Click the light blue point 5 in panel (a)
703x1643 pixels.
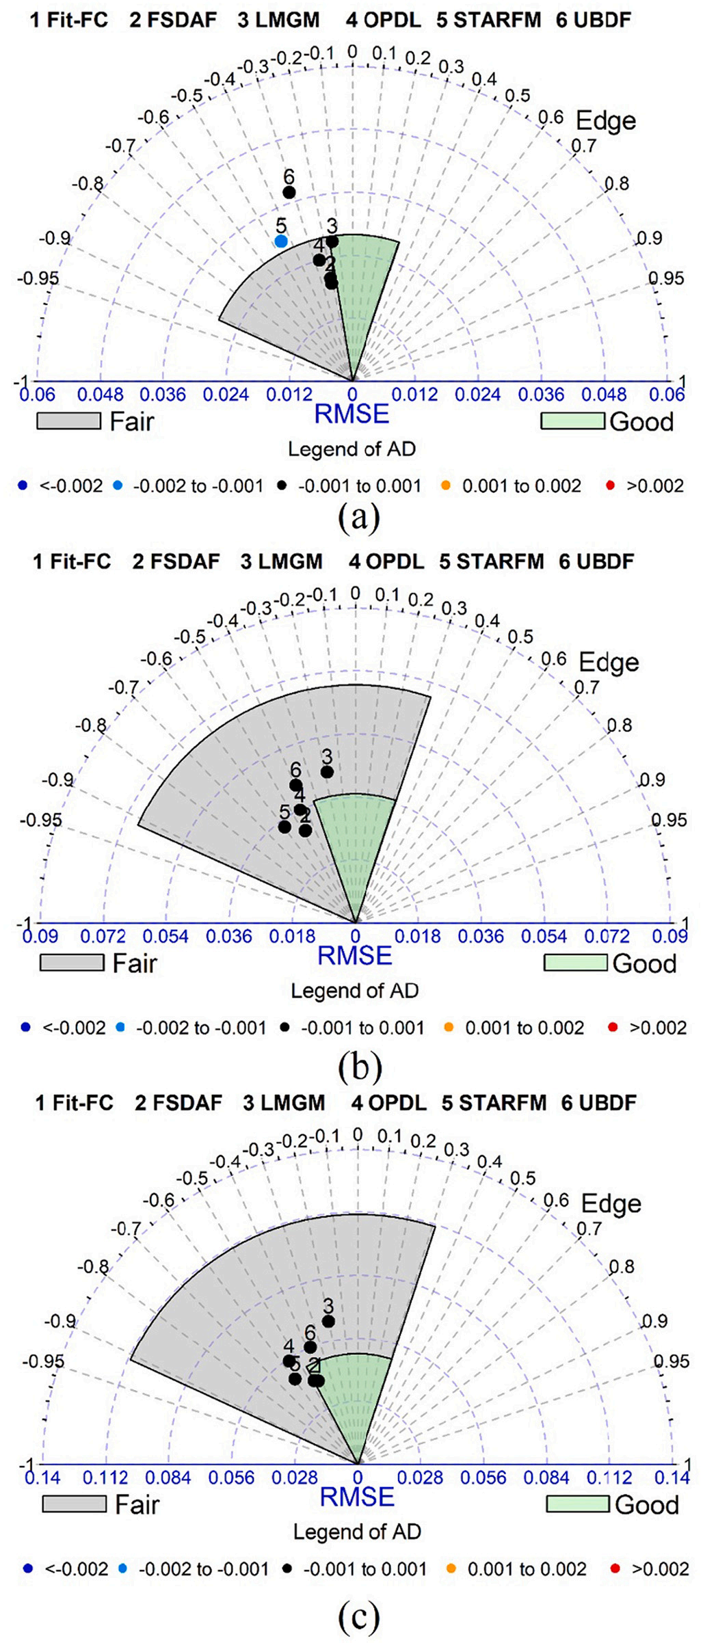pos(281,241)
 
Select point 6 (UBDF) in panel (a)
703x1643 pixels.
pos(289,192)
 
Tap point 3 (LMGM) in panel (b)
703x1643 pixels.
pos(327,772)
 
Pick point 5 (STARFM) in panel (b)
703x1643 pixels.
pos(284,827)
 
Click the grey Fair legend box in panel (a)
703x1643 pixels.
pos(68,421)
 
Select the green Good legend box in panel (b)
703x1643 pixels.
pos(575,963)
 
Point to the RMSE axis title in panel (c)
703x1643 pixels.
pos(357,1497)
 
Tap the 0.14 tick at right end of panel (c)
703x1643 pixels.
pos(672,1478)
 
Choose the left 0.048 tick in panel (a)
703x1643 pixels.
pos(101,395)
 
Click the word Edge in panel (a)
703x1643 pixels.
pos(606,120)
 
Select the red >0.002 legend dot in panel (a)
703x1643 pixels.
pos(610,486)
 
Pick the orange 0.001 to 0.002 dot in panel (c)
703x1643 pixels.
pos(450,1569)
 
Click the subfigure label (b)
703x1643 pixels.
pos(359,1067)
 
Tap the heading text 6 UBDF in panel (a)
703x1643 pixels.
pos(592,20)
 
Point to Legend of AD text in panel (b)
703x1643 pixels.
pos(354,991)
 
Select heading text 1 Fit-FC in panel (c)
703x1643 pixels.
pos(74,1103)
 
